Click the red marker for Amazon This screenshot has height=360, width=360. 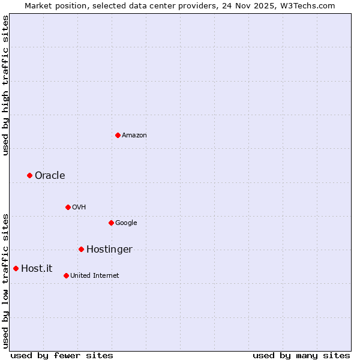tap(118, 135)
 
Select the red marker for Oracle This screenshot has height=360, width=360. tap(29, 175)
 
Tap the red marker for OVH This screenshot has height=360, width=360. tap(68, 207)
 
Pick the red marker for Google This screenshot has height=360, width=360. tap(111, 223)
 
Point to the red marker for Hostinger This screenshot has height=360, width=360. tap(81, 249)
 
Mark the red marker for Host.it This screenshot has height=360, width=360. tap(16, 268)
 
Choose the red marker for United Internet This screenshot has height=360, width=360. tap(66, 275)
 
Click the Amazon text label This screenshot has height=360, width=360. tap(134, 136)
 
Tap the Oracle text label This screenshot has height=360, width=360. tap(50, 176)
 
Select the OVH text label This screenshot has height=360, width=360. tap(79, 208)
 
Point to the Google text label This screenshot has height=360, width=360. tap(126, 223)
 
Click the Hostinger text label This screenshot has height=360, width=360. tap(109, 250)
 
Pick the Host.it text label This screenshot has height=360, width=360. tap(37, 269)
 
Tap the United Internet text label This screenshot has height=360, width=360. tap(95, 276)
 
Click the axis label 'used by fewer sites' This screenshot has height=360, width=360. tap(62, 355)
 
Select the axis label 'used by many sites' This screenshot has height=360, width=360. tap(301, 355)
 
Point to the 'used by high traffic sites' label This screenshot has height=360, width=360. tap(5, 85)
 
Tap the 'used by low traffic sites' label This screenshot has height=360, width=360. tap(5, 281)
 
